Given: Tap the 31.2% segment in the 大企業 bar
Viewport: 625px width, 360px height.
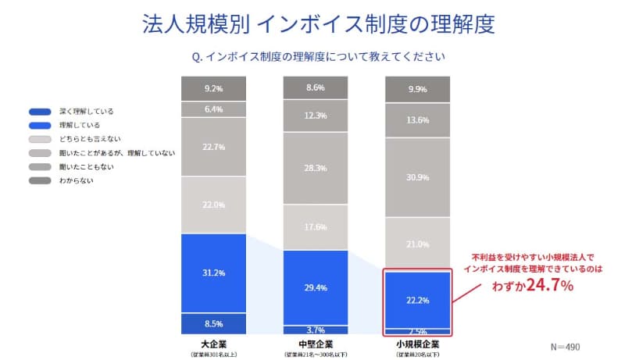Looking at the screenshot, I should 214,273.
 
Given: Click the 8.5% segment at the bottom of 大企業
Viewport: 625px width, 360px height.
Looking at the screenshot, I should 214,323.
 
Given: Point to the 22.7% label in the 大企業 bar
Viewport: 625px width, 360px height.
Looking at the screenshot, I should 214,147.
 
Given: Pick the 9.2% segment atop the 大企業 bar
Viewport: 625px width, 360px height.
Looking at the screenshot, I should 214,88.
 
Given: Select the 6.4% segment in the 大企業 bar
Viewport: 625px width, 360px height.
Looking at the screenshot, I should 214,109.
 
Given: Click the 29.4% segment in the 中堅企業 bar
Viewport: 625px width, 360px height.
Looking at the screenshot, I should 316,287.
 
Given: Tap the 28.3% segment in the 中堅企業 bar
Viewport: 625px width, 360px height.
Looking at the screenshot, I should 316,167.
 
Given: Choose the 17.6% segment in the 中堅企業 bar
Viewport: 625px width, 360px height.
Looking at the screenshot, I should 316,227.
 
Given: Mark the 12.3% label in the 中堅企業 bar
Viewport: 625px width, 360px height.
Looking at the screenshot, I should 316,116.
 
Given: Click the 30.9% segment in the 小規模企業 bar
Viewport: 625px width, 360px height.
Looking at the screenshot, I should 418,177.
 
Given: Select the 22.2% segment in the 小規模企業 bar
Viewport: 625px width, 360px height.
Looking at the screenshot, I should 418,300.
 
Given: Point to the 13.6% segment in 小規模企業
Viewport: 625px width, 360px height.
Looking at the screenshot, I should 418,120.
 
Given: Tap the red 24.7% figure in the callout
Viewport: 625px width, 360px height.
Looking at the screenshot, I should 554,286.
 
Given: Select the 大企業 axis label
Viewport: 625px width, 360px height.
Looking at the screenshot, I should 214,343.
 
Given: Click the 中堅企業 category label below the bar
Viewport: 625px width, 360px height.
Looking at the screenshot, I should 316,343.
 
